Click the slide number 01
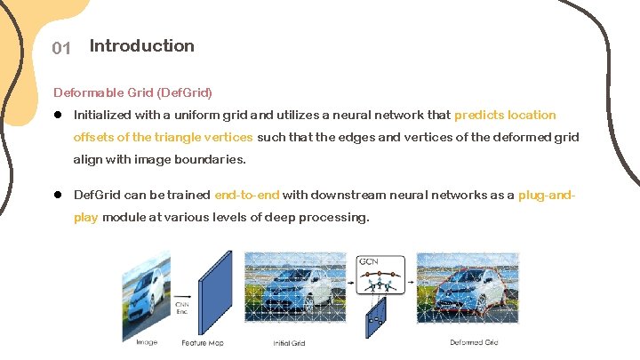(61, 48)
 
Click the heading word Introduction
(141, 46)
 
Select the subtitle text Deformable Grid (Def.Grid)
(132, 92)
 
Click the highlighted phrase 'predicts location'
(505, 115)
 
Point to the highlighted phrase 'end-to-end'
(247, 195)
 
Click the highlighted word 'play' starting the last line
(86, 217)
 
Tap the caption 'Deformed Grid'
(474, 342)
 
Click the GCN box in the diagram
(380, 276)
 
